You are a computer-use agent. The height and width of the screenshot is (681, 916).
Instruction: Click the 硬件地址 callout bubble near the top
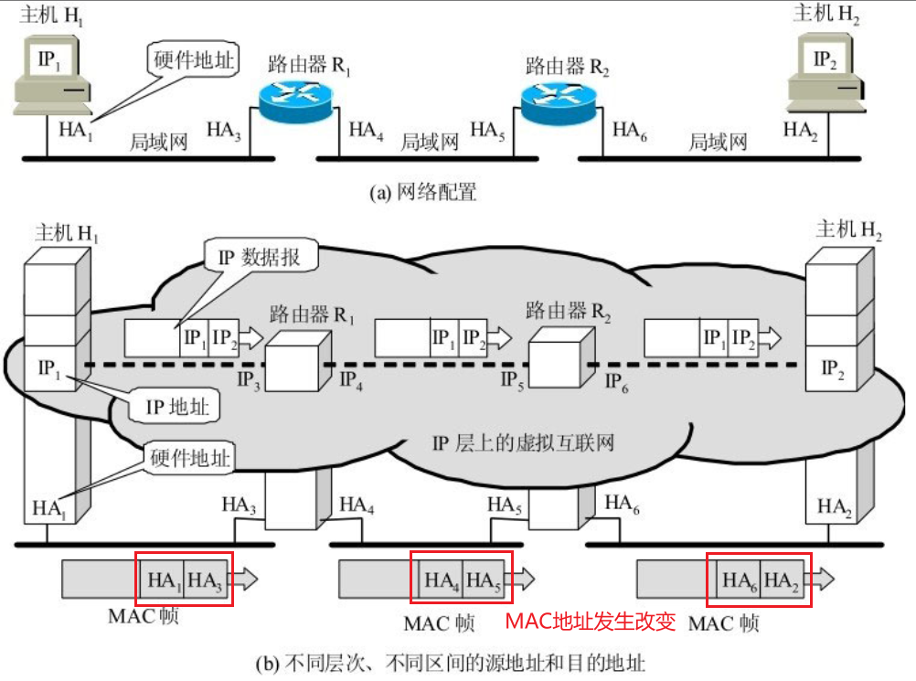pyautogui.click(x=192, y=61)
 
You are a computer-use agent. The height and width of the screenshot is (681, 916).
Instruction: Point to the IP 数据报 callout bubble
pyautogui.click(x=261, y=257)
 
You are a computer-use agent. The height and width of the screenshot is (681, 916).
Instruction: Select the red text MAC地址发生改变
pyautogui.click(x=591, y=622)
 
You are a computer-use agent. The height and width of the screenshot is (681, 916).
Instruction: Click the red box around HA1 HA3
pyautogui.click(x=184, y=579)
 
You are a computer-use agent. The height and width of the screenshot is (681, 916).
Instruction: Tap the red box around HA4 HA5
pyautogui.click(x=461, y=579)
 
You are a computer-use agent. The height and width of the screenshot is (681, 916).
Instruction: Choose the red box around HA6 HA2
pyautogui.click(x=758, y=579)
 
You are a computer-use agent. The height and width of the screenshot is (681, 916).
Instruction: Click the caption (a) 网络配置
pyautogui.click(x=423, y=193)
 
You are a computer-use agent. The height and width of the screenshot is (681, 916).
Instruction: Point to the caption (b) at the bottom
pyautogui.click(x=457, y=662)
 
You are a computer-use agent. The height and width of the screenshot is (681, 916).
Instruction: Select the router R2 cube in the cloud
pyautogui.click(x=559, y=355)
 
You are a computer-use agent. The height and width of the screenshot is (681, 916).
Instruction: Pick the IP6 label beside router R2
pyautogui.click(x=619, y=378)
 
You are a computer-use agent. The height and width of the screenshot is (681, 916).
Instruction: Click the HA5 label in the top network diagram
pyautogui.click(x=487, y=130)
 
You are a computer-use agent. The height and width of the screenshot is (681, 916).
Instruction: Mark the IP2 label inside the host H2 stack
pyautogui.click(x=832, y=367)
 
